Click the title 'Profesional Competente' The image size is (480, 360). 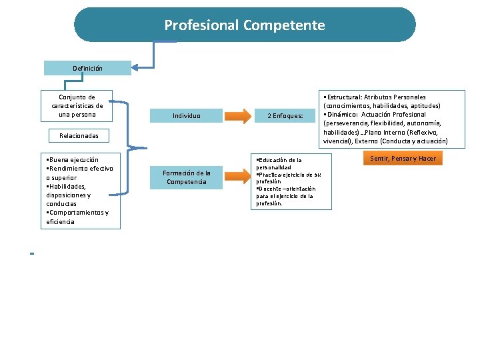click(245, 25)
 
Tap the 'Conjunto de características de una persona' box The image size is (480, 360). click(77, 106)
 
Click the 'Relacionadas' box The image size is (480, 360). click(79, 135)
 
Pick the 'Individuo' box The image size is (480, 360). click(187, 115)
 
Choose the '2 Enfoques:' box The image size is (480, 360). click(285, 115)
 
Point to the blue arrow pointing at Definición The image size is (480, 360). click(143, 66)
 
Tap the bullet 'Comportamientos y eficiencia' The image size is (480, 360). click(77, 217)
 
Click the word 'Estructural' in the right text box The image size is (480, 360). click(344, 97)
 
